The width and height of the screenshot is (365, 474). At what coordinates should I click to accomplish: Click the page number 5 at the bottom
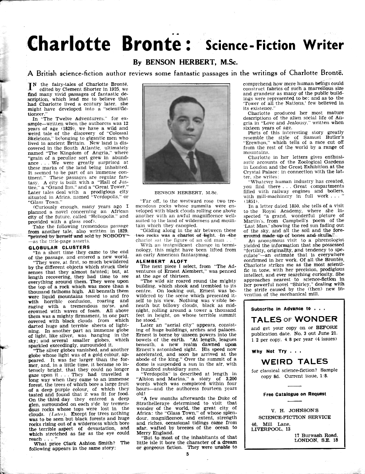tap(187, 454)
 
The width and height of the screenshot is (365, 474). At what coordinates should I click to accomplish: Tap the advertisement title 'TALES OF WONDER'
tap(294, 320)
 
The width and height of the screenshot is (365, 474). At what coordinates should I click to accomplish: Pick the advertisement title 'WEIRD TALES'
tap(294, 361)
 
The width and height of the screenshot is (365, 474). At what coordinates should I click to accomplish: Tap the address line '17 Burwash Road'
tap(319, 435)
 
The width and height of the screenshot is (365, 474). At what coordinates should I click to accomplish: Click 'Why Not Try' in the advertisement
tap(269, 352)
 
